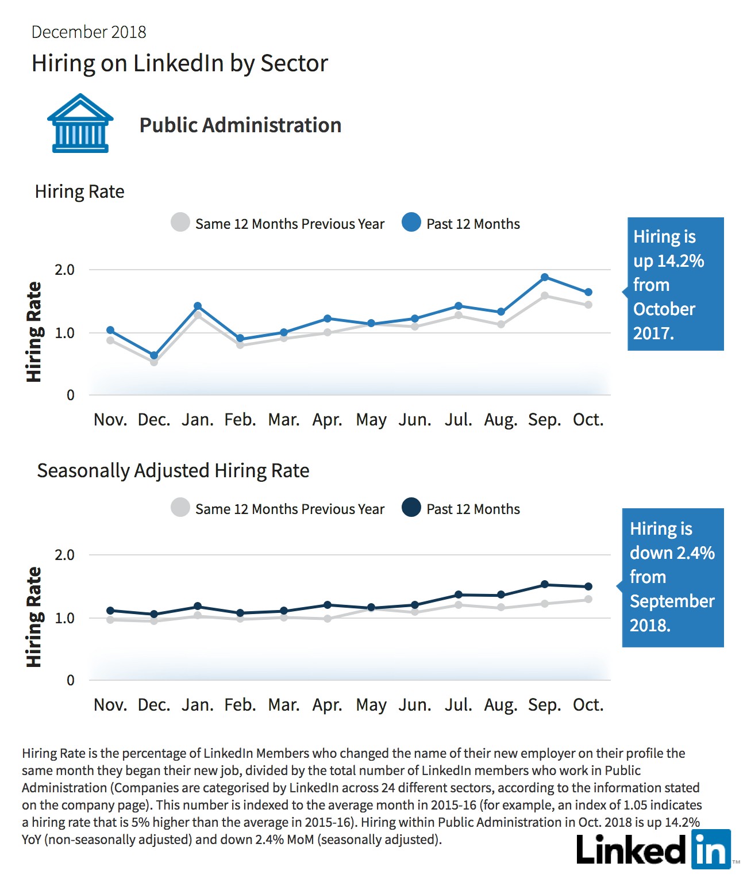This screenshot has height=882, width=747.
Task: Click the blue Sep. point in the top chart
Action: [x=545, y=277]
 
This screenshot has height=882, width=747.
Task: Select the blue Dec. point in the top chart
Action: [x=154, y=355]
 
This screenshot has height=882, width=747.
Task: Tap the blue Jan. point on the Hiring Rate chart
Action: [x=198, y=306]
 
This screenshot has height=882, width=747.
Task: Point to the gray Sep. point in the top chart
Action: [x=545, y=296]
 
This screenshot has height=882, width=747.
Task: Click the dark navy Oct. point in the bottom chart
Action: [x=588, y=586]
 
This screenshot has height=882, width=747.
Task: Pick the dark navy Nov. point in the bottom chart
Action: [x=110, y=611]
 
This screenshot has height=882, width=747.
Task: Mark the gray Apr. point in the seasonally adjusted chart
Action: [x=328, y=618]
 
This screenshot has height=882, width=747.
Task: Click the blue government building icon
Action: [x=80, y=123]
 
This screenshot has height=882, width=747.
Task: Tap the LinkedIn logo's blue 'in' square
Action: [x=711, y=849]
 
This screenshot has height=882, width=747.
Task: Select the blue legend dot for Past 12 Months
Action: [x=411, y=223]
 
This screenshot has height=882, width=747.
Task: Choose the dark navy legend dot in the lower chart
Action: [x=411, y=507]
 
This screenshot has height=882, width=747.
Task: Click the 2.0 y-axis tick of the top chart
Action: [x=64, y=270]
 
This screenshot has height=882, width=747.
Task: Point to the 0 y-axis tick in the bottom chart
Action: [x=70, y=680]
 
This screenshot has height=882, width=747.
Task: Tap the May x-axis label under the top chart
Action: [x=371, y=420]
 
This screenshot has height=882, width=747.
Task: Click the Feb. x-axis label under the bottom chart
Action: [x=240, y=705]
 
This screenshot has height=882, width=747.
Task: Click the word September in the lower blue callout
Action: [x=672, y=601]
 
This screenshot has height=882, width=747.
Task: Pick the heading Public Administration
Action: [x=240, y=125]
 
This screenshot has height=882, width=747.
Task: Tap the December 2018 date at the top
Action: [x=88, y=32]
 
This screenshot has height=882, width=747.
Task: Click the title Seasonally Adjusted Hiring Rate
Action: [x=173, y=471]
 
